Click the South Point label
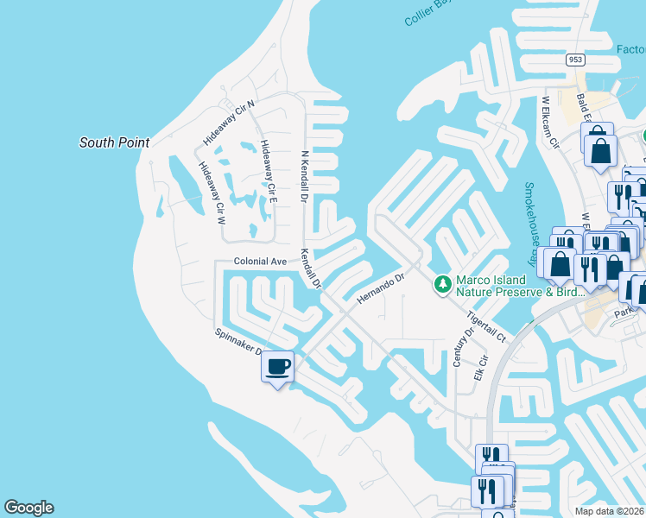[x=114, y=142]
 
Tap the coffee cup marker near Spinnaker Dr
[x=277, y=367]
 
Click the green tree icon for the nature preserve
[x=443, y=283]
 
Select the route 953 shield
[x=576, y=60]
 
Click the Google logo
[x=28, y=508]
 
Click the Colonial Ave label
[x=259, y=261]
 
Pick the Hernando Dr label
[x=380, y=289]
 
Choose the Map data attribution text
[x=609, y=511]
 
